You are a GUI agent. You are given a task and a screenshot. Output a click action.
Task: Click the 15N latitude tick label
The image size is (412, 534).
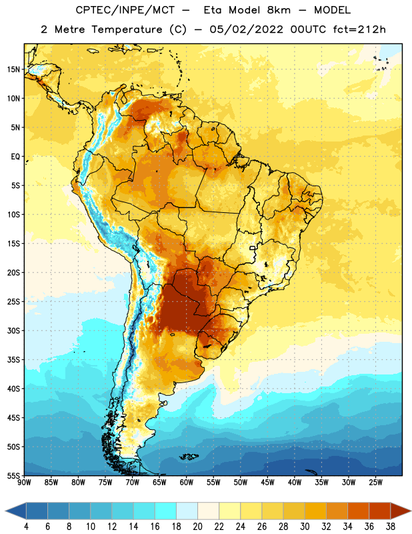click(x=13, y=69)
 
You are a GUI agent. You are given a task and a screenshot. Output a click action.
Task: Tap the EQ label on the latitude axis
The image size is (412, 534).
click(x=15, y=157)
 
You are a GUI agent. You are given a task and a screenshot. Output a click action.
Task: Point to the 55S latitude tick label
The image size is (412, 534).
click(x=13, y=475)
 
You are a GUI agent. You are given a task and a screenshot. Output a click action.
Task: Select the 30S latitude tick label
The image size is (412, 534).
click(x=13, y=330)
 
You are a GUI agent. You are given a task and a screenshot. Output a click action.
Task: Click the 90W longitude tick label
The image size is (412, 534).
click(x=24, y=483)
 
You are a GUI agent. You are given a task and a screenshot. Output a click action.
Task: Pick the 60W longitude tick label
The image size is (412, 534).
click(x=187, y=483)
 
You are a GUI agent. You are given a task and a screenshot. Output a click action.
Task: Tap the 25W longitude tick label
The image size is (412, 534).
click(x=375, y=483)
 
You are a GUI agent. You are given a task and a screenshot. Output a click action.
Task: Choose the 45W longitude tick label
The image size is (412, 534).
click(x=267, y=483)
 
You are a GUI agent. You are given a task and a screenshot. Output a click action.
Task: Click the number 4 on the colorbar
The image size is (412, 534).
click(x=26, y=527)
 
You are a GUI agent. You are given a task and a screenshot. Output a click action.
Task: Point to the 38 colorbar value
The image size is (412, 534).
click(x=391, y=527)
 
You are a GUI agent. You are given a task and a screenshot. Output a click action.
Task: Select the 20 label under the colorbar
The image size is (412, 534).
click(x=197, y=527)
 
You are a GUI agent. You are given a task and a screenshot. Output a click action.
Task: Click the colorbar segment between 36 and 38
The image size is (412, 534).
click(x=380, y=511)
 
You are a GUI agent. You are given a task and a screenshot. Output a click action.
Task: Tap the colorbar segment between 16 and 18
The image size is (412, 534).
click(x=166, y=511)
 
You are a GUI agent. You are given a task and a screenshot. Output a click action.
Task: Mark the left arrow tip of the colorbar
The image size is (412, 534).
click(x=5, y=511)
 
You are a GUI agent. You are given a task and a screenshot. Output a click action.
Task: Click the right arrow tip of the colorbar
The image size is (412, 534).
click(x=411, y=511)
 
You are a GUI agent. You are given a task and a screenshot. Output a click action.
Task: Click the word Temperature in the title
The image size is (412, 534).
click(x=127, y=29)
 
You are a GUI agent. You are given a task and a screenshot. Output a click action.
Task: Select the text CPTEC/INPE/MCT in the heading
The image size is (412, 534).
click(x=125, y=10)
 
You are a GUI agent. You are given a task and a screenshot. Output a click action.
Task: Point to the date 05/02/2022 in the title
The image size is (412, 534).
click(x=246, y=29)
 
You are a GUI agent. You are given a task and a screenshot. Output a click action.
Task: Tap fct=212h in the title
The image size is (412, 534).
click(x=359, y=29)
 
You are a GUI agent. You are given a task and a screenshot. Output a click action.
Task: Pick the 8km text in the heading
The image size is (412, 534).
click(x=279, y=10)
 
